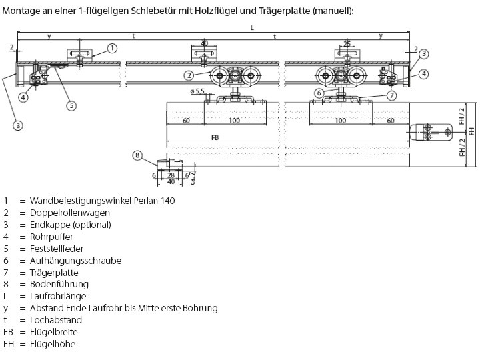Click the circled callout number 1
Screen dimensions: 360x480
click(112, 48)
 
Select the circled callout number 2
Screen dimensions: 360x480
click(189, 75)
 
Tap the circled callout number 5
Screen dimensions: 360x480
click(71, 104)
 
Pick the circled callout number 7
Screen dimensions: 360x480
click(392, 95)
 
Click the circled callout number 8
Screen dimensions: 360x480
click(137, 155)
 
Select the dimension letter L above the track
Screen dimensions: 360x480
click(251, 27)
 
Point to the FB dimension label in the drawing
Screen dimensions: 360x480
click(214, 137)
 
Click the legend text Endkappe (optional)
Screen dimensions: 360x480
click(70, 225)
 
